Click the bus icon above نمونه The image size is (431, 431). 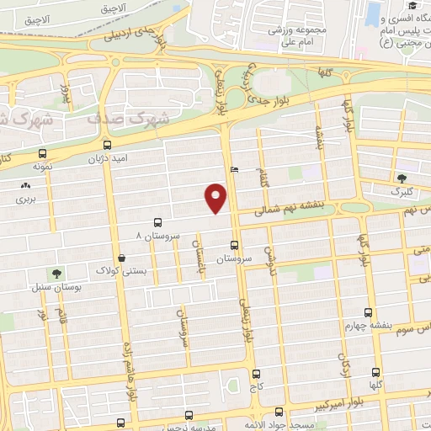tap(43, 153)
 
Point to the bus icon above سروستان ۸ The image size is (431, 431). tap(158, 222)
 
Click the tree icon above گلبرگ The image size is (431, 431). tap(402, 178)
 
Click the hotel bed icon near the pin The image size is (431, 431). tap(234, 169)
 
